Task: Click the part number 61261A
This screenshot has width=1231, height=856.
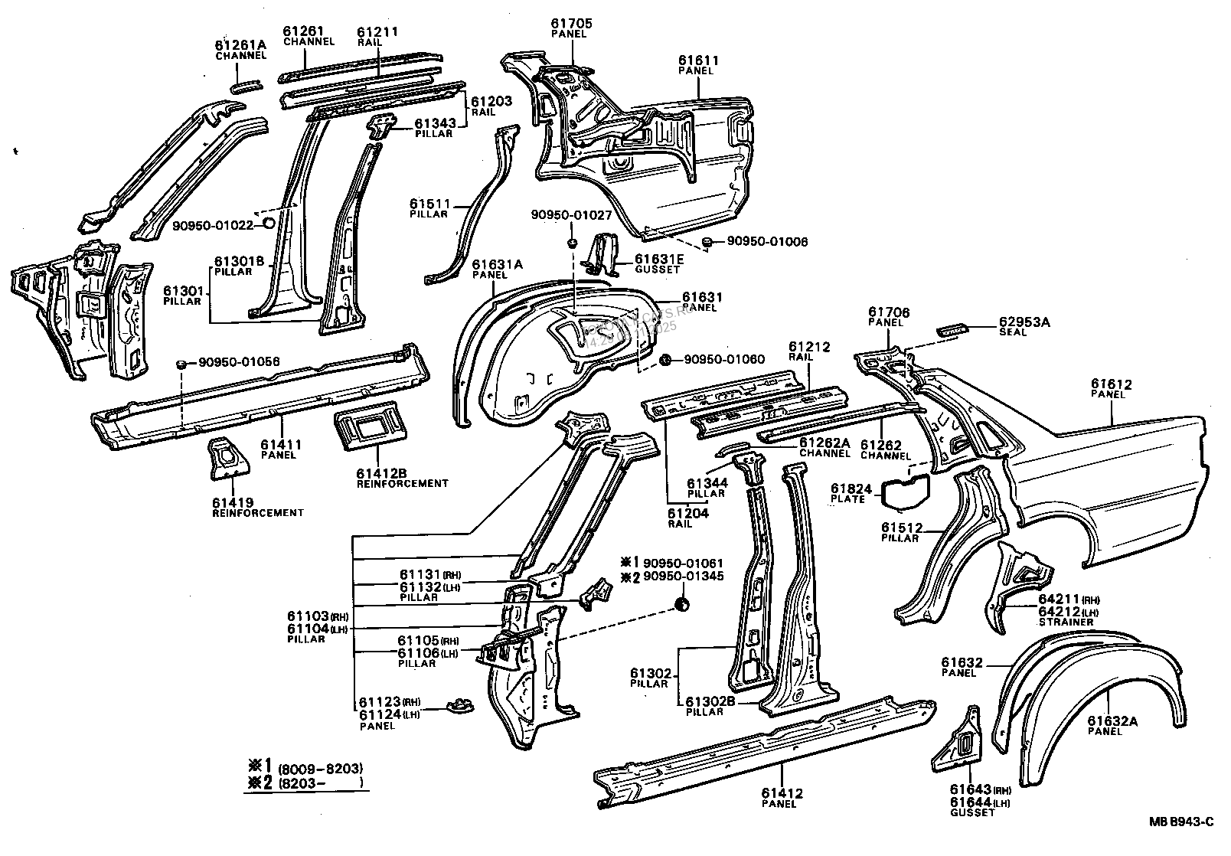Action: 240,45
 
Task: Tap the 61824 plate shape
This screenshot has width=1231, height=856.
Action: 905,492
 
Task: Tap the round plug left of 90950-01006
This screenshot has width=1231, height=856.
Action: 708,243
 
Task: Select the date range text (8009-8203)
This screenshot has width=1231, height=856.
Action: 320,768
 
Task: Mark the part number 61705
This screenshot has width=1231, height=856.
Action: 571,24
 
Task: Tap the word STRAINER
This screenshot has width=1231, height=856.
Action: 1066,622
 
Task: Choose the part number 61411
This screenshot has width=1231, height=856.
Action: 278,444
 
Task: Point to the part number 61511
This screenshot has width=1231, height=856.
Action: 429,204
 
